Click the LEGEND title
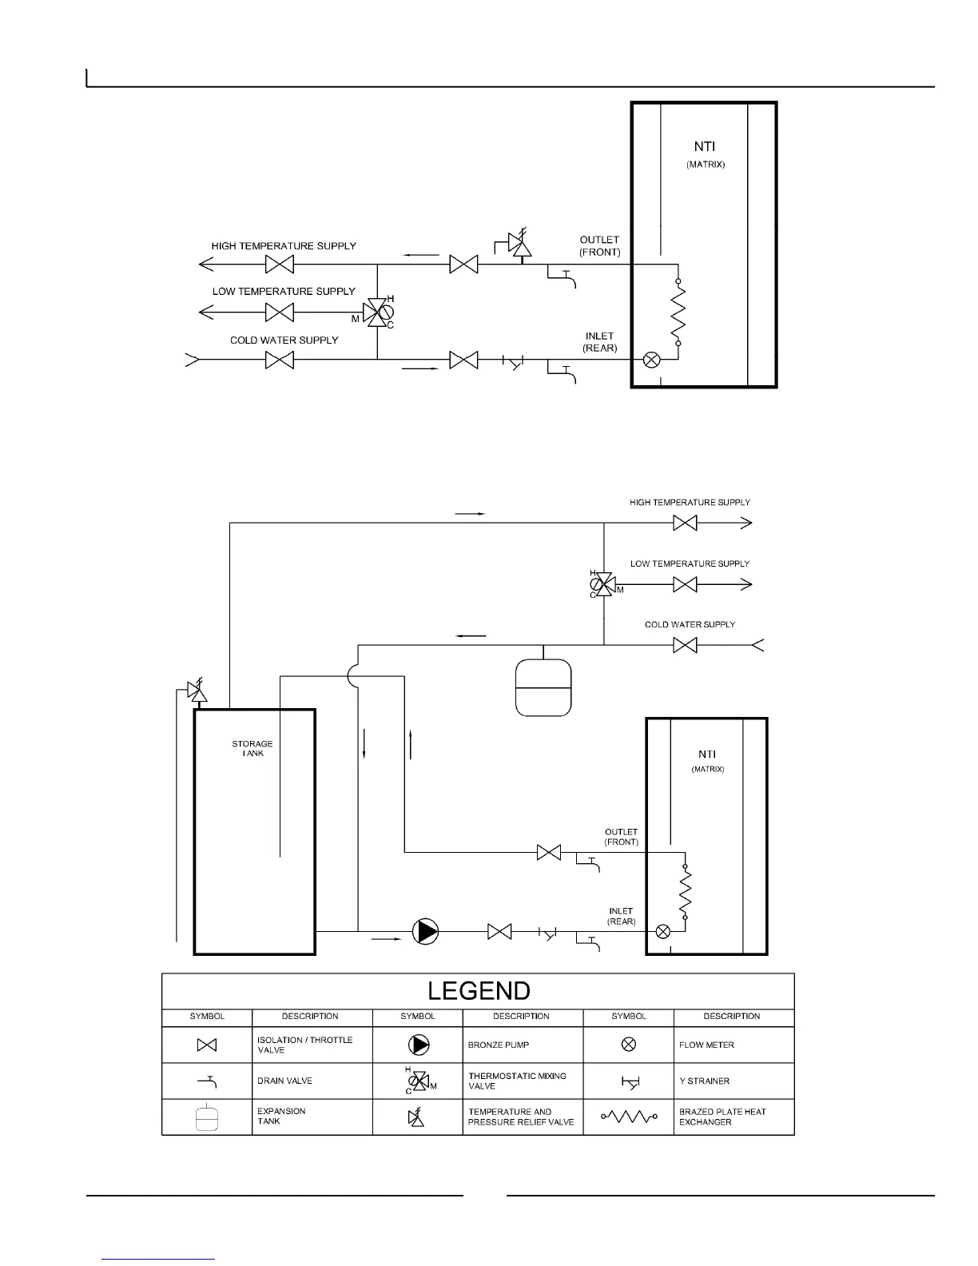pos(479,991)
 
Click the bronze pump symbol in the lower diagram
pos(425,931)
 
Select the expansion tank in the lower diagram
pos(543,687)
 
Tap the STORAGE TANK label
pos(252,749)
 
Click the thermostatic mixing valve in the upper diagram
pos(376,313)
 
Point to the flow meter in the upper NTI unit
pos(651,360)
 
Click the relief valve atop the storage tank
pos(197,691)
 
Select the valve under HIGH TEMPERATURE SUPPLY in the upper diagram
pos(280,265)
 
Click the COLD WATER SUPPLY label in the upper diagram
pos(284,340)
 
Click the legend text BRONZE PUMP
pos(499,1045)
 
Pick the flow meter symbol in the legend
pos(629,1045)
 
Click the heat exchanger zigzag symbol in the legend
pos(629,1117)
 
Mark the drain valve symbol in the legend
pos(208,1081)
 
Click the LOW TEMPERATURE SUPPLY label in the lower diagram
pos(690,563)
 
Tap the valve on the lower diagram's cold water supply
pos(685,645)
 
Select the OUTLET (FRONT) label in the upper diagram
pos(599,245)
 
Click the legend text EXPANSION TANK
pos(281,1117)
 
